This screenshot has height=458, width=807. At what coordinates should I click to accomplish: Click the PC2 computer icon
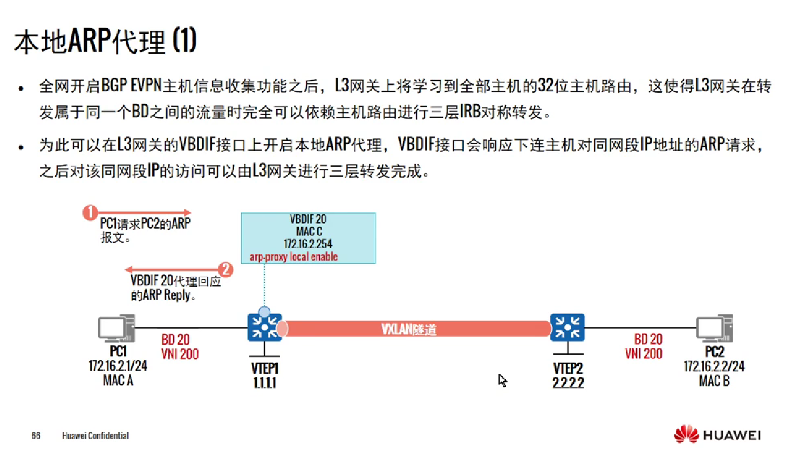(714, 329)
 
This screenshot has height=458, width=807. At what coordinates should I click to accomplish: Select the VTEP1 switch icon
(264, 327)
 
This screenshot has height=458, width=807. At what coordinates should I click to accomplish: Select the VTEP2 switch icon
(567, 327)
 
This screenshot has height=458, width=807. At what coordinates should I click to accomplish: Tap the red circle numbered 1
(90, 213)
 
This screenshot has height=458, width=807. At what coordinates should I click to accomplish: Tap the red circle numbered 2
(225, 269)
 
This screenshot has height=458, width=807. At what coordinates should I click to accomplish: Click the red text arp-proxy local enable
(293, 257)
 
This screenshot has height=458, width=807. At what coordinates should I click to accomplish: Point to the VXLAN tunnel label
(409, 329)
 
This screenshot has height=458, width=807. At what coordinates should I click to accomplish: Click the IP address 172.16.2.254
(308, 244)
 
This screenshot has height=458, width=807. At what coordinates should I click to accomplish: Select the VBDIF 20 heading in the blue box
(308, 219)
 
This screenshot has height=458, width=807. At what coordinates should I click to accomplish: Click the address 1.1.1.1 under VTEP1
(264, 382)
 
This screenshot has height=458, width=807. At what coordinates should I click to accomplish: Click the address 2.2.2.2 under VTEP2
(568, 382)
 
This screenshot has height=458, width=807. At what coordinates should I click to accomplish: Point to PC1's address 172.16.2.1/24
(118, 366)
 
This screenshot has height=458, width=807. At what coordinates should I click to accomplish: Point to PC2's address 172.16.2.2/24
(714, 366)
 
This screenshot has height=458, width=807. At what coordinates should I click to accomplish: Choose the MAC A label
(118, 380)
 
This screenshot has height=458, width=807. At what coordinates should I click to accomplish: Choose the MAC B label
(714, 381)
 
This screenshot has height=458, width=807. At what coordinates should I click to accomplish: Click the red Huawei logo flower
(686, 434)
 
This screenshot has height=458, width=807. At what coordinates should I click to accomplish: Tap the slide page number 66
(36, 435)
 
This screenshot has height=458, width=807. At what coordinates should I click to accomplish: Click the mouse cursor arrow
(502, 380)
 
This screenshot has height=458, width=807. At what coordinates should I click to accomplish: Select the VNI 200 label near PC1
(180, 354)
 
